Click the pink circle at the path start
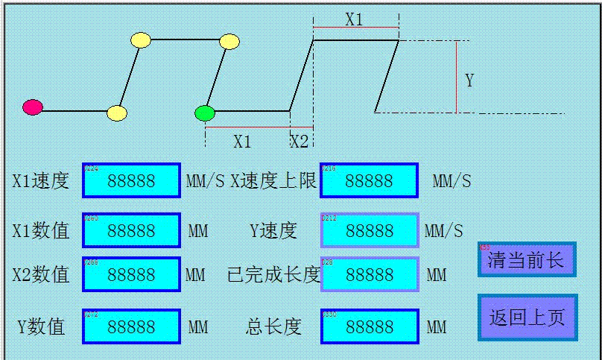pyautogui.click(x=33, y=107)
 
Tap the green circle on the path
pyautogui.click(x=205, y=113)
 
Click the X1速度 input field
pyautogui.click(x=131, y=180)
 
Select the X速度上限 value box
pyautogui.click(x=369, y=180)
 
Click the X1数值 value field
pyautogui.click(x=131, y=230)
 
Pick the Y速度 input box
pyautogui.click(x=369, y=230)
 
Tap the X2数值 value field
pyautogui.click(x=131, y=274)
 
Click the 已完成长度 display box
pyautogui.click(x=369, y=274)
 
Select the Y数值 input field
pyautogui.click(x=131, y=326)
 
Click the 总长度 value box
pyautogui.click(x=369, y=326)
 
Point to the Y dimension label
pyautogui.click(x=469, y=80)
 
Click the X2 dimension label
pyautogui.click(x=300, y=142)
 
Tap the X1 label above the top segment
pyautogui.click(x=354, y=19)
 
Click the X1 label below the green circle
pyautogui.click(x=242, y=142)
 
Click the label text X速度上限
pyautogui.click(x=273, y=180)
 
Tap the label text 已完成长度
pyautogui.click(x=273, y=275)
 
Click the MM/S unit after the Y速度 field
pyautogui.click(x=443, y=231)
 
